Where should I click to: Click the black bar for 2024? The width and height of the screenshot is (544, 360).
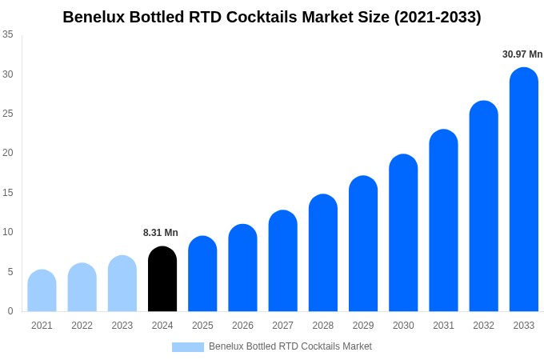162,280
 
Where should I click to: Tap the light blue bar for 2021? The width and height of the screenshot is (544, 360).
42,291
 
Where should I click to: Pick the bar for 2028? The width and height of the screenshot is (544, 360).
322,254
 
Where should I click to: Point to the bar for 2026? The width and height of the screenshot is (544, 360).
242,269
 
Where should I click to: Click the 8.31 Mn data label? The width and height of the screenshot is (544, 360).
161,233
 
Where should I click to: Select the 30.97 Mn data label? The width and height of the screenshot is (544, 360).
522,54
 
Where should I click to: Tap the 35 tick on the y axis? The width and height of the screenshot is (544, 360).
8,34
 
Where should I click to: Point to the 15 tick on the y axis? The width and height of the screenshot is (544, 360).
8,193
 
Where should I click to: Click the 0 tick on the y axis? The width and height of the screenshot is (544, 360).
10,311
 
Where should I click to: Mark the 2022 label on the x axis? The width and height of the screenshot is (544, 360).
82,326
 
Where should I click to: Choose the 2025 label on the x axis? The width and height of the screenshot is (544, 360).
202,326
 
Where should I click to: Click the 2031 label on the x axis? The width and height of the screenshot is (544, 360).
443,326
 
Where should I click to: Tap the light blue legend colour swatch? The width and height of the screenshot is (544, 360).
188,347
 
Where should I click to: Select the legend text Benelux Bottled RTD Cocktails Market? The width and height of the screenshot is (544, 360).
290,346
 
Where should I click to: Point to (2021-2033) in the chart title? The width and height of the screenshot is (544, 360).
438,17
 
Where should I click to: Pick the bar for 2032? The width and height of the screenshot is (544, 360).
483,207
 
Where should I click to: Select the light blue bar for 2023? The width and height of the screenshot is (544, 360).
122,284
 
